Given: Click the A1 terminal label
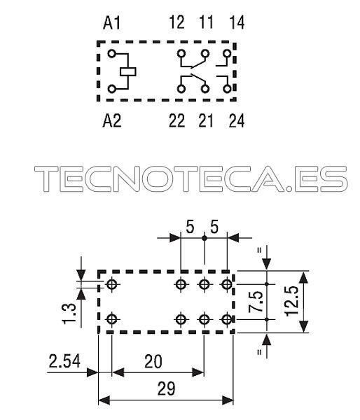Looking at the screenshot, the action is point(112,22).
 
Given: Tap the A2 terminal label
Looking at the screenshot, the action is point(112,120).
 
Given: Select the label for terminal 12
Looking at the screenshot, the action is point(177,22).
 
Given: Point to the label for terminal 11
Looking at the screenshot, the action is point(206,22).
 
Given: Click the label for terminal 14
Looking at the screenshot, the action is point(237,22).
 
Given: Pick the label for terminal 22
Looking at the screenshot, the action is point(177,120).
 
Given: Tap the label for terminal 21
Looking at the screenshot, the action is point(206,120).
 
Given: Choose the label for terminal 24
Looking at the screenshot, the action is point(237,120).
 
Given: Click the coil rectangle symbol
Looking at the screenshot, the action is point(128,72).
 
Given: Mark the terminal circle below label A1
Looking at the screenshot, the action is point(112,54).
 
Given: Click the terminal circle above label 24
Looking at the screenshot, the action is point(228,89).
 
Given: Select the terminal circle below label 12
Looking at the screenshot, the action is point(181,54).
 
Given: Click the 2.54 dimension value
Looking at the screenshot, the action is point(64,361).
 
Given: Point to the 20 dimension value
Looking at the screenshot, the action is point(153,361).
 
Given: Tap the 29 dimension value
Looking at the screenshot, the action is point(166,389).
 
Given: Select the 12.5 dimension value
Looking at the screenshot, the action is point(291,301).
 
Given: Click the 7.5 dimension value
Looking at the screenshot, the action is point(256,302).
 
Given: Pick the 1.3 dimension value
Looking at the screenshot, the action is point(69,314).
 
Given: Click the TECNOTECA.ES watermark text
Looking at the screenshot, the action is point(191,178).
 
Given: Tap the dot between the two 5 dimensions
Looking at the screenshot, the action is point(205,237).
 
